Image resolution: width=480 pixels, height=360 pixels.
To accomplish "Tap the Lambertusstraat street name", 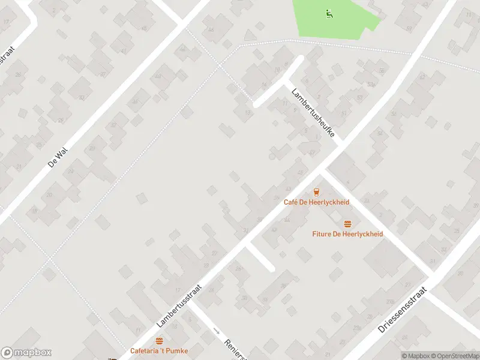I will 179,306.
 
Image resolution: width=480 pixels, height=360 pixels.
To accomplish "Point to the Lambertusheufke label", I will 312,113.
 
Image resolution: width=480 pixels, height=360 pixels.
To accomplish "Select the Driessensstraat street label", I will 402,310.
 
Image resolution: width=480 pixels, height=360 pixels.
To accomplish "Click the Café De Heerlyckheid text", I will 316,202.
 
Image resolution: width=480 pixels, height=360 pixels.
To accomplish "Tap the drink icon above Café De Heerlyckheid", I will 316,192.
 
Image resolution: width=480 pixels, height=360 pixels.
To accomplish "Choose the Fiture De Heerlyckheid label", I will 347,233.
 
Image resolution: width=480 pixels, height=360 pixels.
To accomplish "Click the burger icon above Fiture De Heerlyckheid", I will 347,224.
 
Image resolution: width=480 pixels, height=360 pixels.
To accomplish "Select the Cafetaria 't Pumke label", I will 159,350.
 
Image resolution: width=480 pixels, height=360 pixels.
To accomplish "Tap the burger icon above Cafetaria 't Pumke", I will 159,341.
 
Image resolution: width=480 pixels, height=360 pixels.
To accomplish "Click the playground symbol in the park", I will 328,14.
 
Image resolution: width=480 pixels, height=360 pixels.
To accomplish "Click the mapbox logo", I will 26,353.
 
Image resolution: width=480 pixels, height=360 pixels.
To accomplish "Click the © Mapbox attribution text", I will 416,356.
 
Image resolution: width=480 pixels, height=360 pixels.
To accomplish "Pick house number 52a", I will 371,85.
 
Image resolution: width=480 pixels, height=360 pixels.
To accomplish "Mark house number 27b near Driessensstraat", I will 391,301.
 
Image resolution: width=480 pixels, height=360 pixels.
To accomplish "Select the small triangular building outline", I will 250,37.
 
